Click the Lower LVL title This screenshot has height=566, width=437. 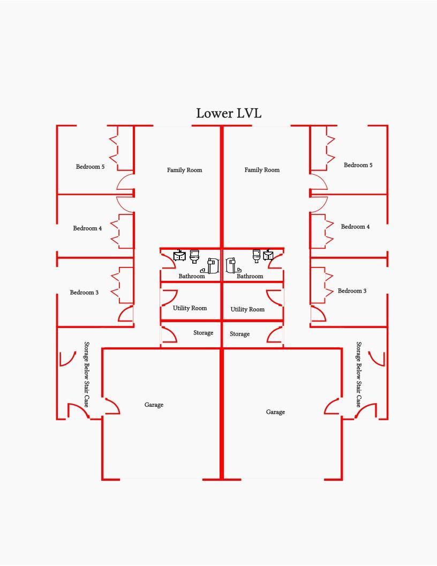click(x=229, y=113)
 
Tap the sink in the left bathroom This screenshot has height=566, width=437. click(x=179, y=255)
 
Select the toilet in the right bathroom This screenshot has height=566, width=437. click(x=257, y=256)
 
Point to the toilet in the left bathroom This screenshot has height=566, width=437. click(x=194, y=256)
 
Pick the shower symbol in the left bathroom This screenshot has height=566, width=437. click(x=210, y=266)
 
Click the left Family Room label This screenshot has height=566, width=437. click(x=185, y=170)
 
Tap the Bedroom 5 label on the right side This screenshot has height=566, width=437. click(x=358, y=165)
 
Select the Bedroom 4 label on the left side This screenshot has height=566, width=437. click(x=87, y=228)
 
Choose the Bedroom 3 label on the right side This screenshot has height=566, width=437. click(x=352, y=291)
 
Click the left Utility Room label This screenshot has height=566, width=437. click(x=190, y=308)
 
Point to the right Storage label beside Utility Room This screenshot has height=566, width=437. click(x=240, y=334)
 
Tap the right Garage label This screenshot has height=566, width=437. click(x=275, y=412)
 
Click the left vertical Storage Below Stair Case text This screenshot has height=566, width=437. click(x=87, y=374)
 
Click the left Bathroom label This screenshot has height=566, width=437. click(x=192, y=276)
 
